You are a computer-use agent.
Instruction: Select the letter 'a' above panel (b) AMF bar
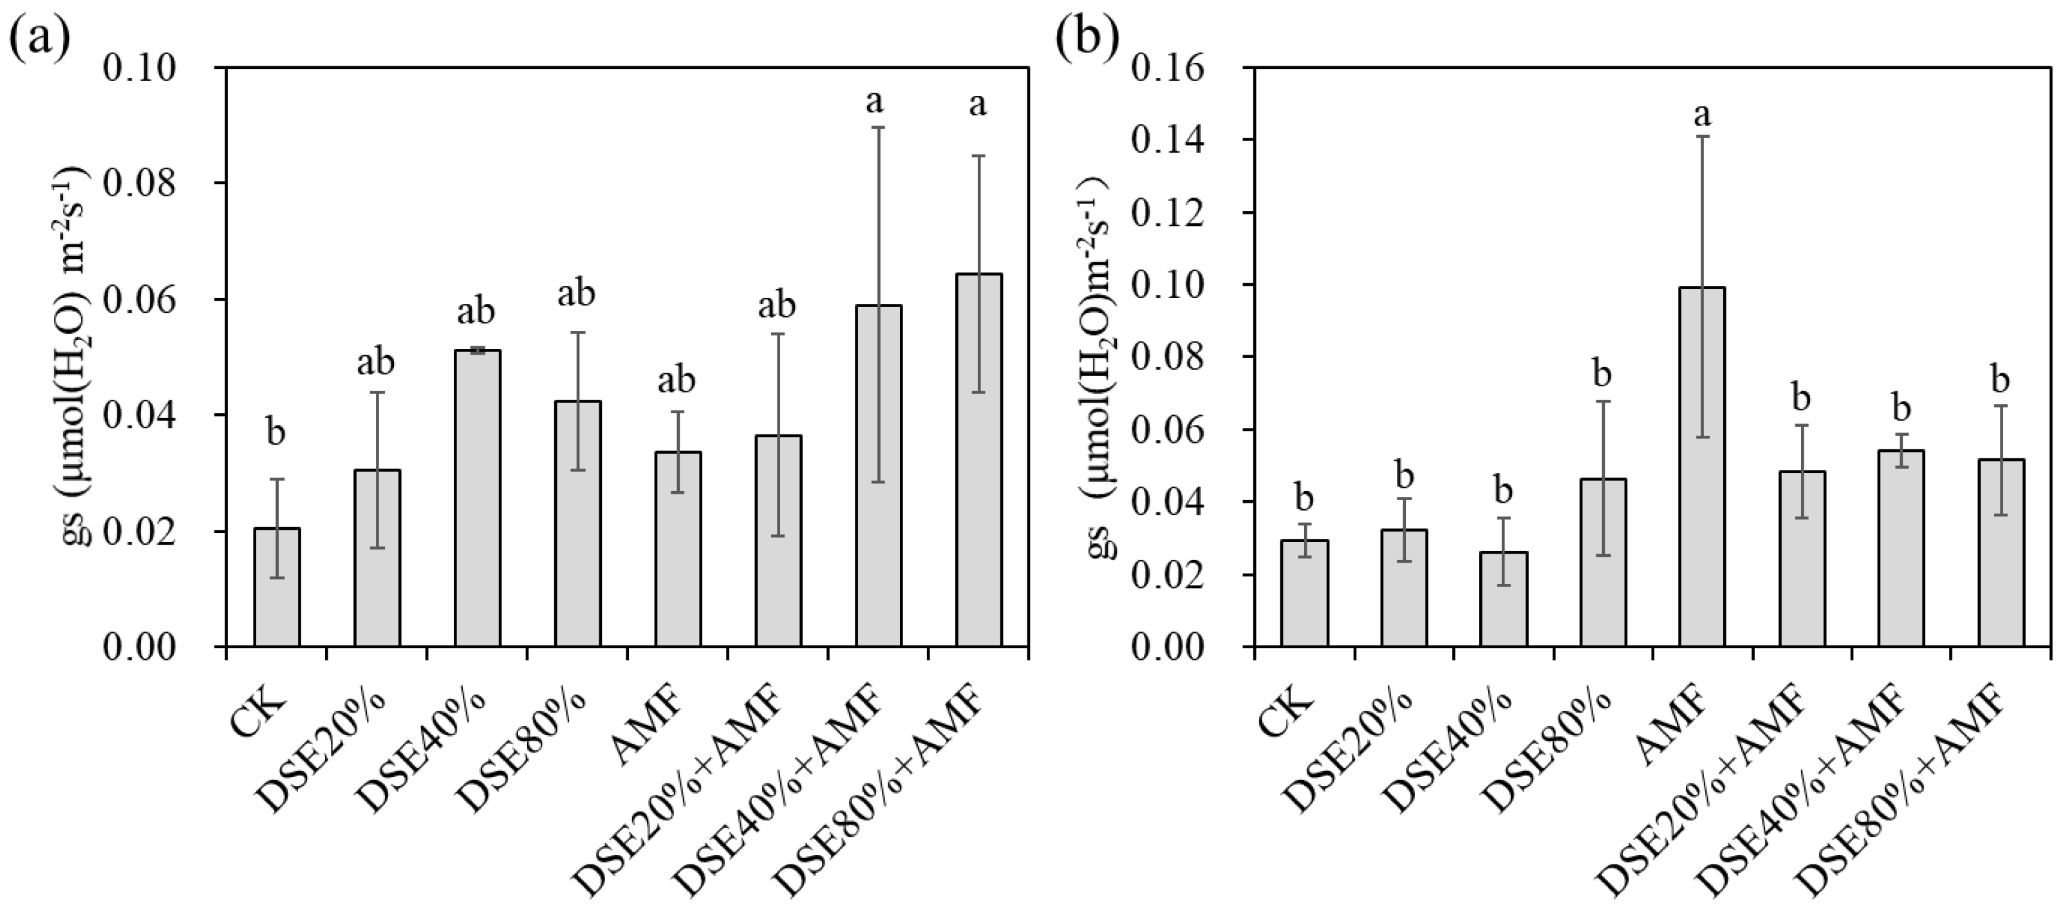pyautogui.click(x=1702, y=115)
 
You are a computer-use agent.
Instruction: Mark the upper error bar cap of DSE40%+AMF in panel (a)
pyautogui.click(x=879, y=127)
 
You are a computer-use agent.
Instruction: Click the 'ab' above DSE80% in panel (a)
pyautogui.click(x=576, y=294)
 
